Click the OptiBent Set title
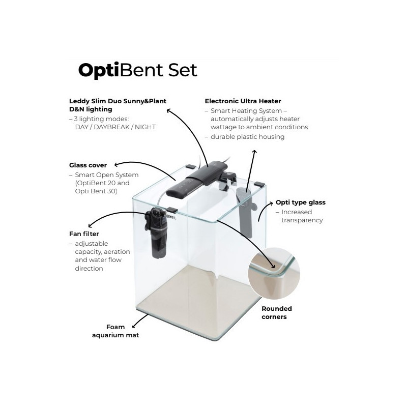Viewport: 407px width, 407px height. point(137,70)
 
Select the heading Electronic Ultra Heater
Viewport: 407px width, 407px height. point(243,101)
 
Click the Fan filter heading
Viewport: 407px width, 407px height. point(83,234)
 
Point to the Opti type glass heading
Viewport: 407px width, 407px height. point(300,202)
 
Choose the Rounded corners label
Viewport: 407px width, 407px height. point(276,312)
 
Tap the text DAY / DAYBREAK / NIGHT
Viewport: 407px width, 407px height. point(114,127)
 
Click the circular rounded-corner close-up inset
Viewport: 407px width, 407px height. point(274,275)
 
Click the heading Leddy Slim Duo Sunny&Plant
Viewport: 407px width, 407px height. point(118,101)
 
